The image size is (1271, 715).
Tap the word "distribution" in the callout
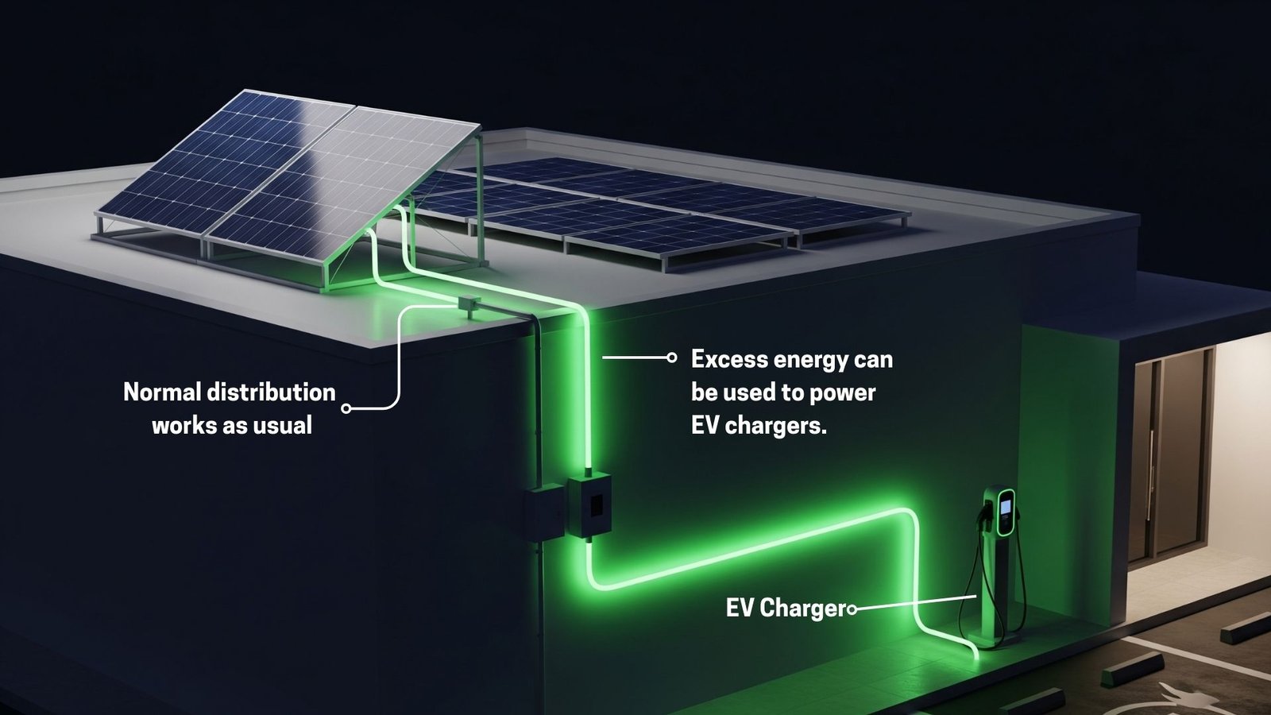coord(271,392)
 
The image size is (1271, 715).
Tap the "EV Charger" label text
coord(786,609)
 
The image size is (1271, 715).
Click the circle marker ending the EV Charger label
coord(852,609)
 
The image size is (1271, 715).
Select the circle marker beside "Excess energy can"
coord(672,357)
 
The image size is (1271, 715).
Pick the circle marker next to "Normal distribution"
coord(346,408)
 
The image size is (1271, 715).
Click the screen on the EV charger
coord(1006,504)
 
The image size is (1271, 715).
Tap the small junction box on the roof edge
coord(468,305)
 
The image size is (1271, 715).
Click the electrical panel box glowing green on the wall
coord(589,504)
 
